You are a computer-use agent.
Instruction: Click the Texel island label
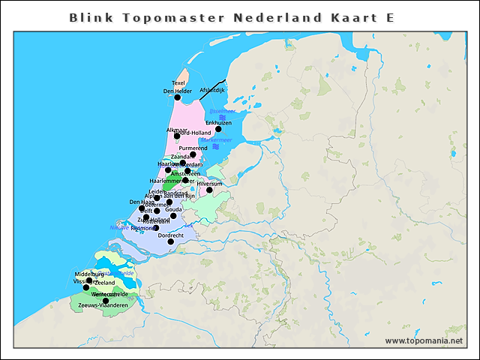coord(178,82)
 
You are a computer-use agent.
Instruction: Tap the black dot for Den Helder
coord(178,97)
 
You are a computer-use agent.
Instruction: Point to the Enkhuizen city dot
coord(218,129)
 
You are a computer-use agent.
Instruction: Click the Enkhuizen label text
coord(218,122)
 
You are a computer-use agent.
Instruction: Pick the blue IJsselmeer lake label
coord(223,111)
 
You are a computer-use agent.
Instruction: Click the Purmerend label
coord(193,148)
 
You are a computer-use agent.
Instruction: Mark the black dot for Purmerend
coord(193,155)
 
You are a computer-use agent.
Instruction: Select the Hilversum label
coord(209,183)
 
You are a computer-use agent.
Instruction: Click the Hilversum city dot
coord(209,190)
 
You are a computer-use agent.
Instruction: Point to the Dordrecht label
coord(171,235)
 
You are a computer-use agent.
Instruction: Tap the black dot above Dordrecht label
coord(171,241)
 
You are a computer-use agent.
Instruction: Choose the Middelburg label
coord(89,274)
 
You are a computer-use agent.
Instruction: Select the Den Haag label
coord(142,202)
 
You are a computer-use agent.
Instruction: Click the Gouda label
coord(173,209)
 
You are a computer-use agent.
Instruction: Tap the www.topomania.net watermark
coord(424,340)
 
